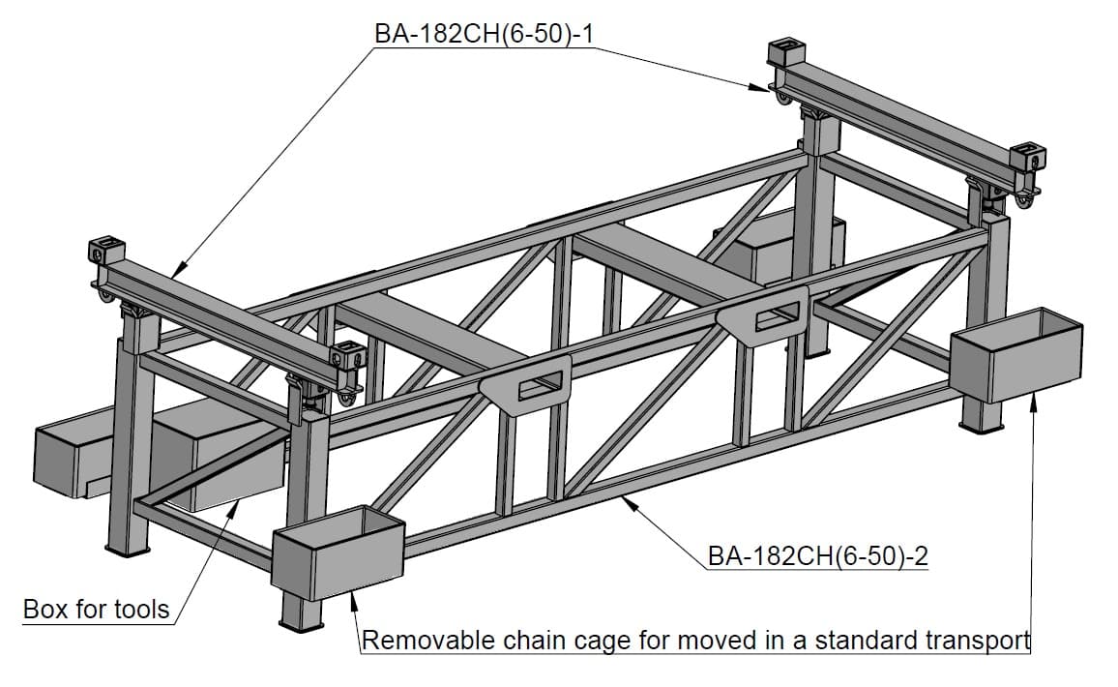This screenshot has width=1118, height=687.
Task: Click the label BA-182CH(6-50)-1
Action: tap(483, 35)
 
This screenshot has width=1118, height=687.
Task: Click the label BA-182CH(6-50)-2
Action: tap(818, 556)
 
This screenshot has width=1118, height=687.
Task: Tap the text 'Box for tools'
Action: tap(96, 610)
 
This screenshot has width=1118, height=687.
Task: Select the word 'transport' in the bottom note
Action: tap(978, 641)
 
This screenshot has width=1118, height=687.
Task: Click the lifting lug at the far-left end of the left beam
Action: tap(102, 251)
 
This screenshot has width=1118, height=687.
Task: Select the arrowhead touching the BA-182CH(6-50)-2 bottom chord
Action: tap(629, 501)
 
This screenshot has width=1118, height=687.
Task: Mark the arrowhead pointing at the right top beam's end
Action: tap(762, 88)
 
